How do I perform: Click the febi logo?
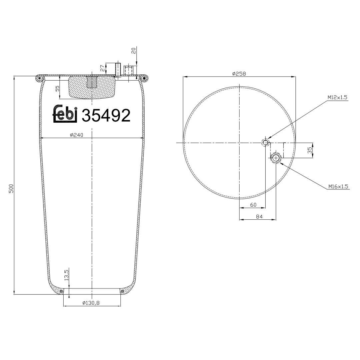[65, 114]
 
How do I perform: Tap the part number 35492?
[106, 115]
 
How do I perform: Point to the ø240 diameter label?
[76, 135]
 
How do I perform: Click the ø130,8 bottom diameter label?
[91, 303]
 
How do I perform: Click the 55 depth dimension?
[57, 88]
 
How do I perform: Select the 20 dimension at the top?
[134, 50]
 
